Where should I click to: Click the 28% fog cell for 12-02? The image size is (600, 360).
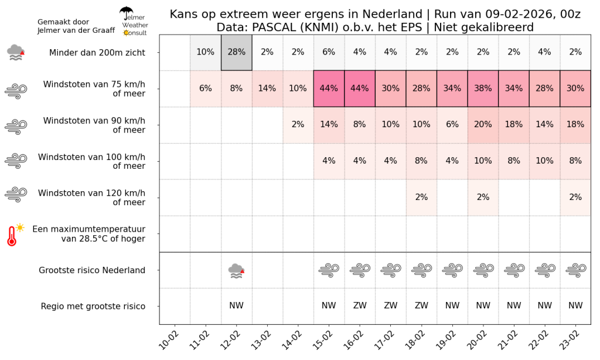236,52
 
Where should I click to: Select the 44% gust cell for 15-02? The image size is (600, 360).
329,89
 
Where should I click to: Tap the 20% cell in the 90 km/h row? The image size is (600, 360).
483,125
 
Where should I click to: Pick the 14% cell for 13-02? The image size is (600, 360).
267,89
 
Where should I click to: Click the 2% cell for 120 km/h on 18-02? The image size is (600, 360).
421,197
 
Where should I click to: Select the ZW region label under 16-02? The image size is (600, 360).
360,305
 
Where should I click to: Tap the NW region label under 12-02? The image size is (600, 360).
236,305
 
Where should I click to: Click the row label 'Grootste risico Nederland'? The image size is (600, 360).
92,270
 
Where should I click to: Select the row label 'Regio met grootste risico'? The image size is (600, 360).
93,306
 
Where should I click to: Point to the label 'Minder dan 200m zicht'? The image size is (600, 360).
97,52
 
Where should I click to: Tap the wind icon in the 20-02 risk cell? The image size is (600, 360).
483,270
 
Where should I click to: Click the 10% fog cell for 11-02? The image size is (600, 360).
205,52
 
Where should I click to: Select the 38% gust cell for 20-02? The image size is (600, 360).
483,89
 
